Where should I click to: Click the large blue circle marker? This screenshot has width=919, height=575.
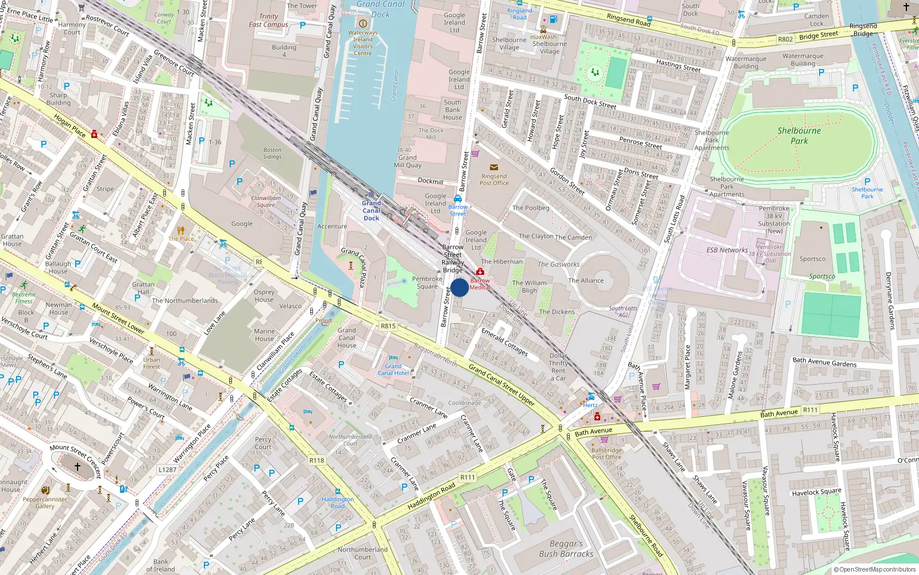(x=459, y=287)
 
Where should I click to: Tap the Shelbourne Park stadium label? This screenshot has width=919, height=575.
(x=799, y=135)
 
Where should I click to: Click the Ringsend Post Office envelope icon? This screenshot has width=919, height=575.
(x=494, y=168)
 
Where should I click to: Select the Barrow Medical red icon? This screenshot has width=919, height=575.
(x=480, y=272)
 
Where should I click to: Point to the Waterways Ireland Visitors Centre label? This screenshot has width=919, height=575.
(x=362, y=43)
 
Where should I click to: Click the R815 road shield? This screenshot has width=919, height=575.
(x=388, y=326)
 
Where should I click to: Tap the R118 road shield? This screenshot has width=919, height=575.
(x=316, y=460)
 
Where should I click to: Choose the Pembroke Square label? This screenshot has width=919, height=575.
(x=427, y=282)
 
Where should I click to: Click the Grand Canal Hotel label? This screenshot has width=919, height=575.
(x=393, y=369)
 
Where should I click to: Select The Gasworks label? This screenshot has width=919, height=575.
(x=558, y=264)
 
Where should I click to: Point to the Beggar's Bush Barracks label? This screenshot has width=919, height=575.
(x=566, y=549)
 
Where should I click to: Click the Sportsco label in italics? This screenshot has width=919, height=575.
(x=822, y=277)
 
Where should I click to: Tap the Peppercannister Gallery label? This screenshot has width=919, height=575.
(x=45, y=503)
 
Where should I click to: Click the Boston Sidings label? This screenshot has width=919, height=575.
(x=272, y=153)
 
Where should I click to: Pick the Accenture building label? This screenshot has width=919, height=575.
(x=332, y=227)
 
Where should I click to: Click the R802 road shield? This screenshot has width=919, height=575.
(x=785, y=40)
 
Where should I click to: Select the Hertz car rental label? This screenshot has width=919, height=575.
(x=590, y=405)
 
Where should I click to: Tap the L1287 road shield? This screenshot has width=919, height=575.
(x=167, y=469)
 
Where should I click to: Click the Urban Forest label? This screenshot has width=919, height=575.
(x=152, y=363)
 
